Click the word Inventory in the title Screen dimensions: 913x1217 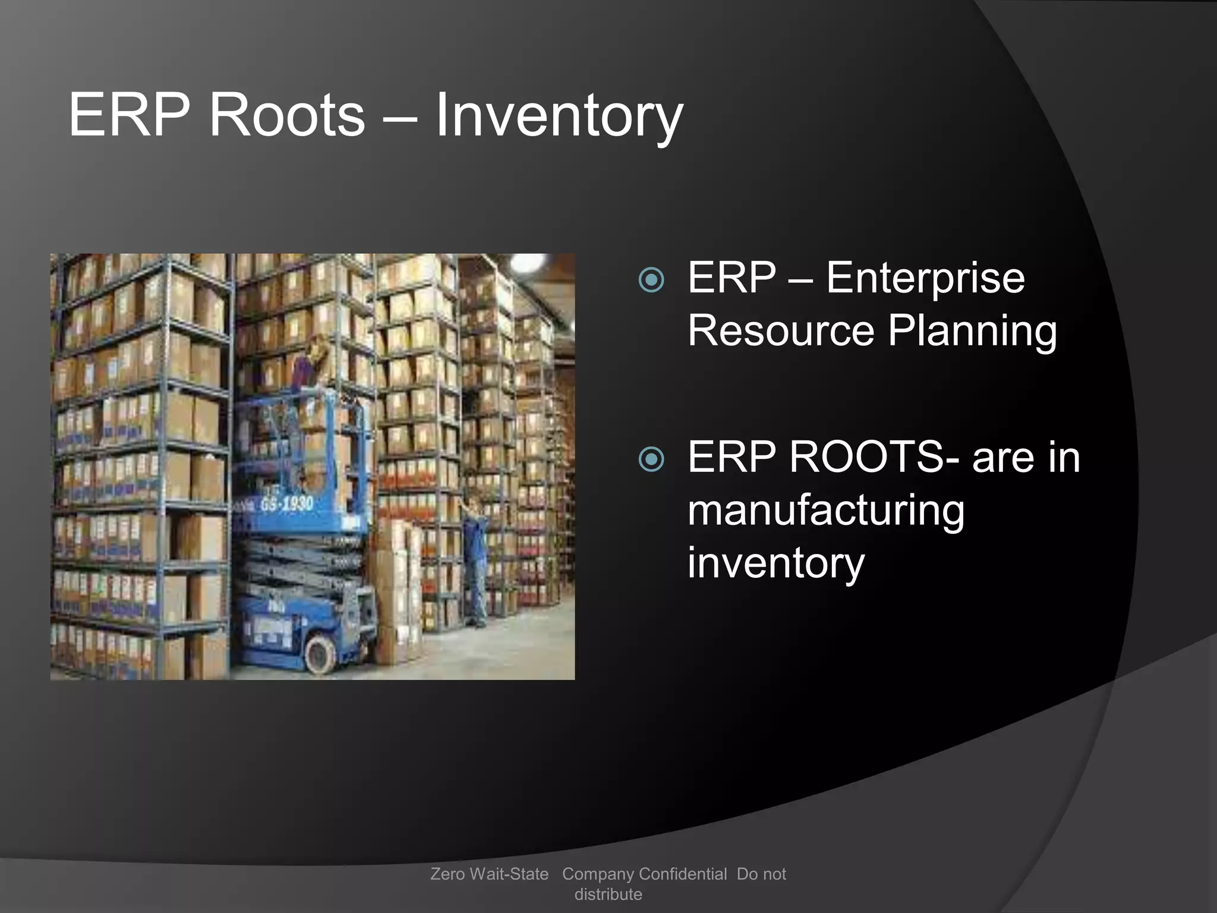coord(559,115)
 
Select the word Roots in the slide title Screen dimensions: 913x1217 coord(286,115)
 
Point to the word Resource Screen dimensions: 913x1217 coord(781,330)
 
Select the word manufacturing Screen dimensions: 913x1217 coord(826,511)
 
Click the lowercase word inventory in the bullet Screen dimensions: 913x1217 coord(775,563)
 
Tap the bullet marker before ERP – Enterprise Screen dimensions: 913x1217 coord(651,280)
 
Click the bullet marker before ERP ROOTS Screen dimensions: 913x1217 coord(651,459)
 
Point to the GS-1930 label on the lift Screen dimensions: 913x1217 coord(286,505)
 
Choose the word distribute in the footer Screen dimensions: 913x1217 coord(608,894)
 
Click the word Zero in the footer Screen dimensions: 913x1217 coord(447,874)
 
